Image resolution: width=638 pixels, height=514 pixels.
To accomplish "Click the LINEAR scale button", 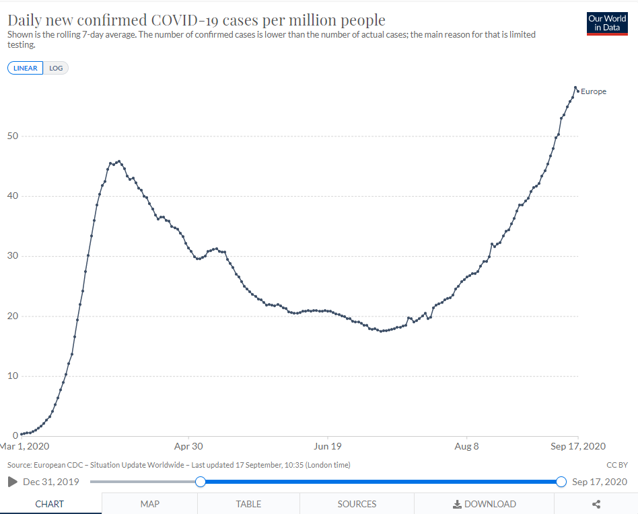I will [26, 68].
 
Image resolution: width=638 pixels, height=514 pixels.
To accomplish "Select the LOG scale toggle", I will [56, 68].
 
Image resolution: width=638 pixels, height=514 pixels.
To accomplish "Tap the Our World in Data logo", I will [607, 23].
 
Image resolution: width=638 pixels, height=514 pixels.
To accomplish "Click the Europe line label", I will [594, 91].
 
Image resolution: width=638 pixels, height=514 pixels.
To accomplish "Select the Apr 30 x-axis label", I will [188, 446].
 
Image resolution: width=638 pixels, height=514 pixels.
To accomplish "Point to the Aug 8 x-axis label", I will [466, 446].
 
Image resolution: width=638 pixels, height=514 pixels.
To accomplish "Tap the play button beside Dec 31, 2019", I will [13, 482].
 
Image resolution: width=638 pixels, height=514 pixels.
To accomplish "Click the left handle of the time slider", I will [201, 482].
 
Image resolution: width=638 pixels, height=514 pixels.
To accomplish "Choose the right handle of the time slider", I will [561, 482].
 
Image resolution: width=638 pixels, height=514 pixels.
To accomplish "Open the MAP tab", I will [149, 504].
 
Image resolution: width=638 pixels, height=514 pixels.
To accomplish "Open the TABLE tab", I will [248, 504].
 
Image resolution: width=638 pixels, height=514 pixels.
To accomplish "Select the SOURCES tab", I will [357, 504].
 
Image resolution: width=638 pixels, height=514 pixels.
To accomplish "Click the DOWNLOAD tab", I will [484, 504].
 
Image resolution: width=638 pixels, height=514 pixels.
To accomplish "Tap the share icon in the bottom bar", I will [596, 504].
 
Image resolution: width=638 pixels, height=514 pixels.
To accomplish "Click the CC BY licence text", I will [616, 465].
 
